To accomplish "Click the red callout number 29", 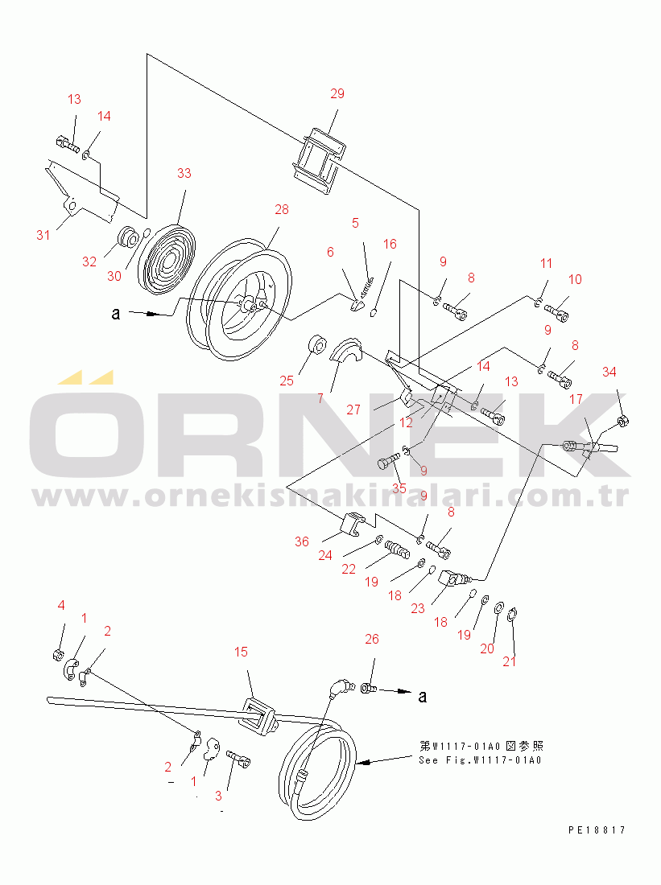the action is point(337,93).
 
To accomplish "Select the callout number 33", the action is point(184,173).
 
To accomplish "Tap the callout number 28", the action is point(281,209).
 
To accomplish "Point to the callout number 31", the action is point(43,236).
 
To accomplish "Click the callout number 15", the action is point(241,652).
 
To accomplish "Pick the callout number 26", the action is point(372,639).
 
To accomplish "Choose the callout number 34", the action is point(609,372).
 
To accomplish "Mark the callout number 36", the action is point(302,541).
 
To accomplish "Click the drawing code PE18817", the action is point(597,830).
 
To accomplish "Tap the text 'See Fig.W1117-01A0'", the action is point(480,760).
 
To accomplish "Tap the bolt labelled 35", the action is point(387,460).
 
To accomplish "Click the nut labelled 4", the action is point(57,655).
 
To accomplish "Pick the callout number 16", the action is point(390,245).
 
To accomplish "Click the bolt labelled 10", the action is point(557,312).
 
